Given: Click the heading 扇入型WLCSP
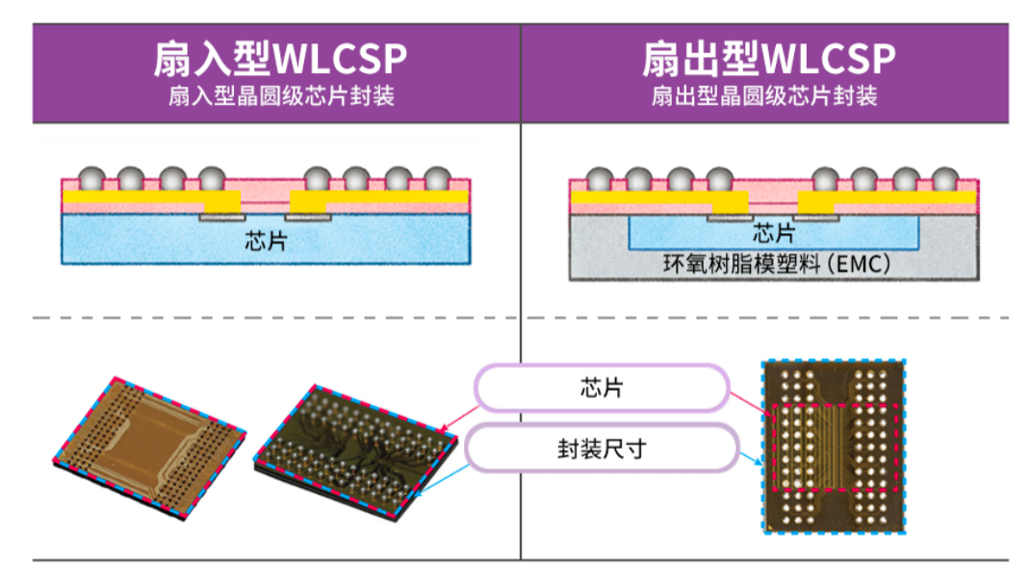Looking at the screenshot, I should click(x=279, y=61).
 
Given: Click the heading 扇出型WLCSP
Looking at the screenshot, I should click(x=768, y=61).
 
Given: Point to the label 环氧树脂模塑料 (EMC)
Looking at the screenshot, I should click(x=776, y=263).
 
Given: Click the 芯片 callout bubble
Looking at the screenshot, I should click(x=601, y=388).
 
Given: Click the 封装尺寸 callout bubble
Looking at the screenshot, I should click(x=601, y=449).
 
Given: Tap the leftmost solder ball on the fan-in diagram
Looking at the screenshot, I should click(x=91, y=179).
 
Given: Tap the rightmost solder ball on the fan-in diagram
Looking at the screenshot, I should click(x=437, y=179).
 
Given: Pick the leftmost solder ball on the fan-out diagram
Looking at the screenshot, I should click(x=599, y=179).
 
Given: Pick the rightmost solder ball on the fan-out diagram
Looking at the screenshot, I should click(x=945, y=179).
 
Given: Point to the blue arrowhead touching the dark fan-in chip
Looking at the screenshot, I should click(x=425, y=491).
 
